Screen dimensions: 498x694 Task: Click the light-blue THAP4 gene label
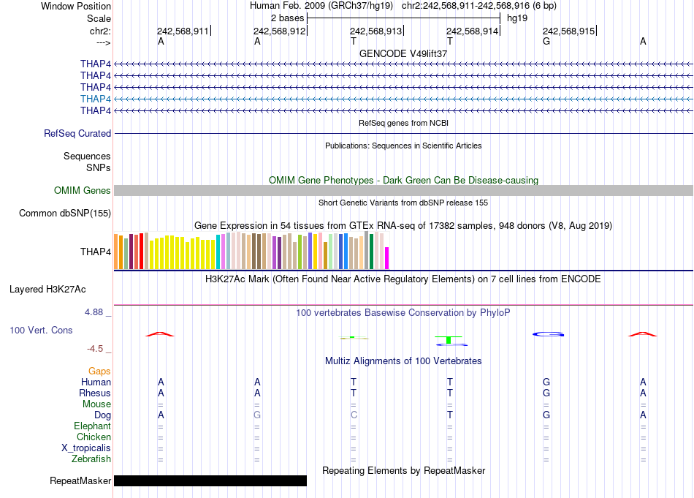pos(96,99)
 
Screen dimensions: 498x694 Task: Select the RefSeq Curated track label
pos(77,134)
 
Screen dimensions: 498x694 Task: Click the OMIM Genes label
pos(83,191)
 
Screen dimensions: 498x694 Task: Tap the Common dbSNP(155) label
pos(65,214)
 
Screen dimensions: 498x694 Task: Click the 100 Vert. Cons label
pos(41,331)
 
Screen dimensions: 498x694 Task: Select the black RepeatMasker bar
pos(210,480)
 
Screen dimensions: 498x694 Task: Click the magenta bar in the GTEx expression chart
pos(387,258)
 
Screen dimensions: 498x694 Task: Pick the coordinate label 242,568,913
pos(375,31)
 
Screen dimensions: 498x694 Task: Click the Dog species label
pos(102,415)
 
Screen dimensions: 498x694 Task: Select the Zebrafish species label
pos(93,459)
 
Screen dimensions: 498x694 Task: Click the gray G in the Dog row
pos(257,415)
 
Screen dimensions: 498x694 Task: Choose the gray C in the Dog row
pos(354,415)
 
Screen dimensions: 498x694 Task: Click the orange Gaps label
pos(99,371)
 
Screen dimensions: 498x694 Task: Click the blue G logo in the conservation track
pos(546,334)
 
